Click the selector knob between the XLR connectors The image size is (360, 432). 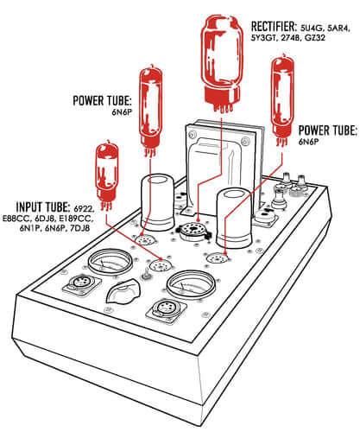[120, 295]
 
